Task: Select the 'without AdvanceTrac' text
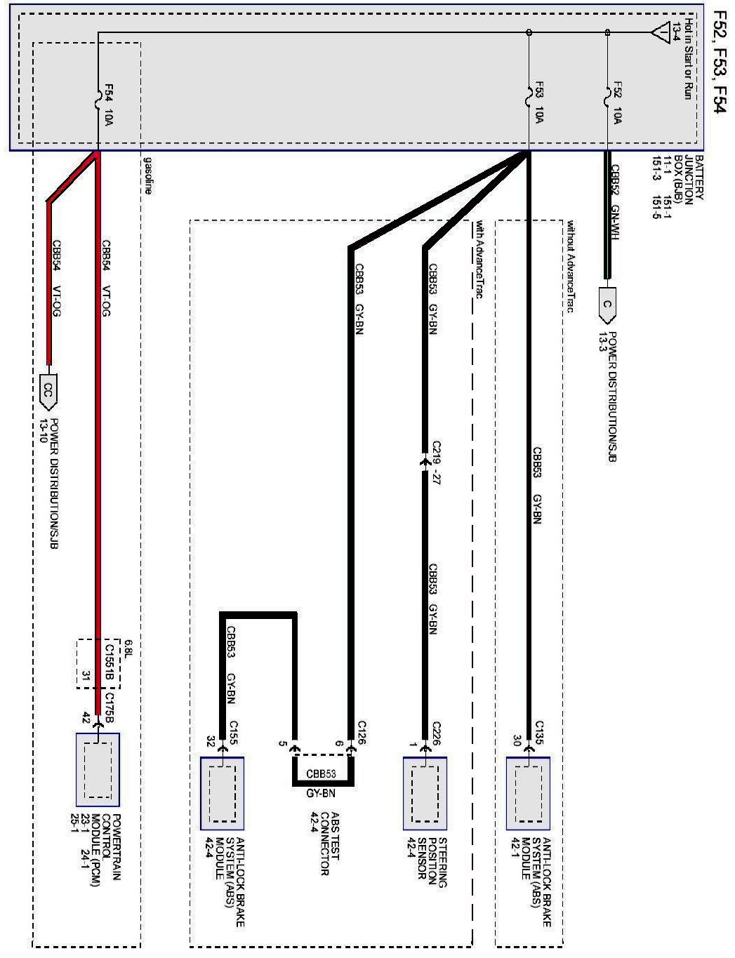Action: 571,267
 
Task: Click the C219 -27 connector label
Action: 436,463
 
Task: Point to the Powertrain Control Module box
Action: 98,769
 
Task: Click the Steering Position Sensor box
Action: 425,792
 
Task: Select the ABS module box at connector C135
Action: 528,792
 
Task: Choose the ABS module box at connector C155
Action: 222,792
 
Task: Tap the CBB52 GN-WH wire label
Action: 615,204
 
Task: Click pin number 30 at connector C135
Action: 517,740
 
